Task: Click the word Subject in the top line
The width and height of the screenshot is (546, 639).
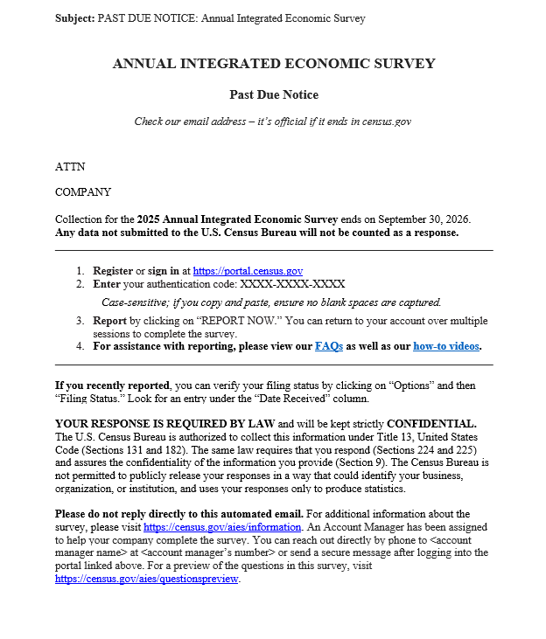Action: click(74, 18)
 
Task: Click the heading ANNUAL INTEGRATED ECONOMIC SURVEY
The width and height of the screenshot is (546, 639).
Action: click(273, 64)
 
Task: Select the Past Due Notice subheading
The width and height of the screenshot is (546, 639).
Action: click(274, 94)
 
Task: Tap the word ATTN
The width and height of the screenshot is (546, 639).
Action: click(70, 166)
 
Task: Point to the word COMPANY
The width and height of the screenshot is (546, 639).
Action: click(83, 192)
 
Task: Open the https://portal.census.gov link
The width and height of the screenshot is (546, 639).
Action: click(248, 271)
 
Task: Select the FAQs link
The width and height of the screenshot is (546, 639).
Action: click(328, 346)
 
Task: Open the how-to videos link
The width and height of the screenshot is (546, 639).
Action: click(445, 346)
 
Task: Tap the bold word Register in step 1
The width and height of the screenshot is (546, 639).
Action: click(113, 271)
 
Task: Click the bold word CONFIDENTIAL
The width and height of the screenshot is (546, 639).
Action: click(431, 423)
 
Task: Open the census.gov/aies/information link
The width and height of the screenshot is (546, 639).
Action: click(222, 527)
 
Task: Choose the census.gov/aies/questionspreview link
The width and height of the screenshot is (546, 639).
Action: click(146, 579)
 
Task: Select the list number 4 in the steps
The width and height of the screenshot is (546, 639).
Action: click(80, 346)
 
